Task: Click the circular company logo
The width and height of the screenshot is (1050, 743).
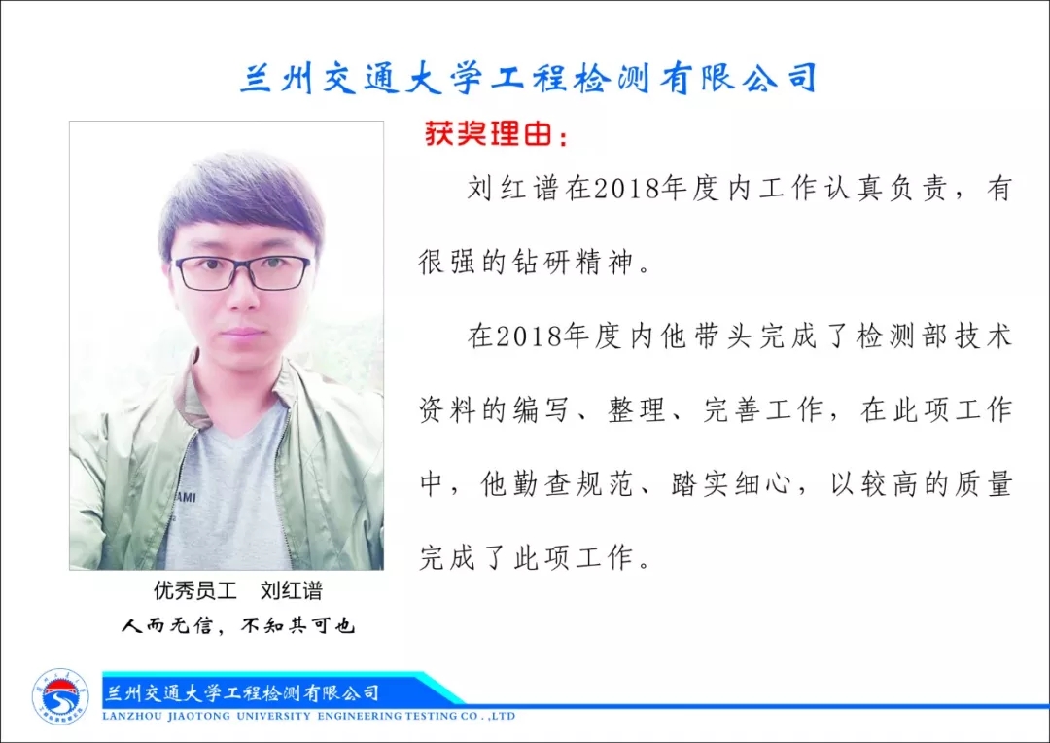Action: pos(60,696)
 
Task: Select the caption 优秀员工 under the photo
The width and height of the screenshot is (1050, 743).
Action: pos(194,590)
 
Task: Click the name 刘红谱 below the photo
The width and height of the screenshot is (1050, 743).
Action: pos(292,590)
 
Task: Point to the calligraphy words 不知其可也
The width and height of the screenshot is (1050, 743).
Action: pos(298,625)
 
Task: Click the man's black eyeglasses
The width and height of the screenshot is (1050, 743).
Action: pos(242,272)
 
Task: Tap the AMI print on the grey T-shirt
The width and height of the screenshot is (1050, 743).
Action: pos(186,497)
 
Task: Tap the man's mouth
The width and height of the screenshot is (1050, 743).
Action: pos(243,333)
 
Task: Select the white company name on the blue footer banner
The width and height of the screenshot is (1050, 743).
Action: pos(242,692)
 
